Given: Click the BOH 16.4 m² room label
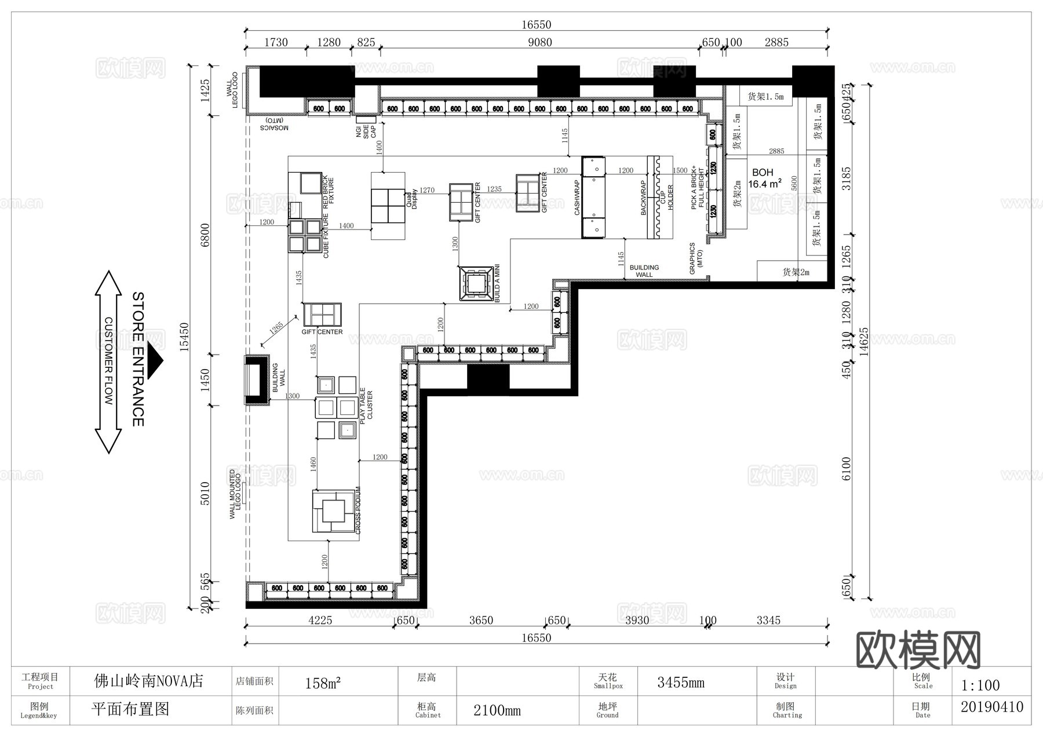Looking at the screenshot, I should point(764,178).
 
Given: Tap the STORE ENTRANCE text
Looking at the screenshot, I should point(138,359).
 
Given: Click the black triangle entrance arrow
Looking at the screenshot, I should point(155,360).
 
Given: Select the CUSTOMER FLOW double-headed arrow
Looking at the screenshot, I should point(108,362).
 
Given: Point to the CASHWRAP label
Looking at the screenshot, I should point(577,198).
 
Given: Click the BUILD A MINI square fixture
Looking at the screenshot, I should point(476,283).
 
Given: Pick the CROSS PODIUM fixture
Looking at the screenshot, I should point(333,510).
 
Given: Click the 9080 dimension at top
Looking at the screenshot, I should point(539,42).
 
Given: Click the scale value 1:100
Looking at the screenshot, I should point(980,685).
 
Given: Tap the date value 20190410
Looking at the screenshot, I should point(991,707).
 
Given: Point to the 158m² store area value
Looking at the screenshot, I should point(323,683).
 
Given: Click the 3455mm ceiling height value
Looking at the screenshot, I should point(681,683).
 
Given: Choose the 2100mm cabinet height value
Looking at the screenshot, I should point(497,710).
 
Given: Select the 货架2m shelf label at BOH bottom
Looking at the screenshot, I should point(796,272).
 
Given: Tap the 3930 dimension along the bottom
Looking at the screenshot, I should point(637,621).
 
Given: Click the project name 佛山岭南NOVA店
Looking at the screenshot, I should point(149,681).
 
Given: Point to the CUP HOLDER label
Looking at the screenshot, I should point(666,198).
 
